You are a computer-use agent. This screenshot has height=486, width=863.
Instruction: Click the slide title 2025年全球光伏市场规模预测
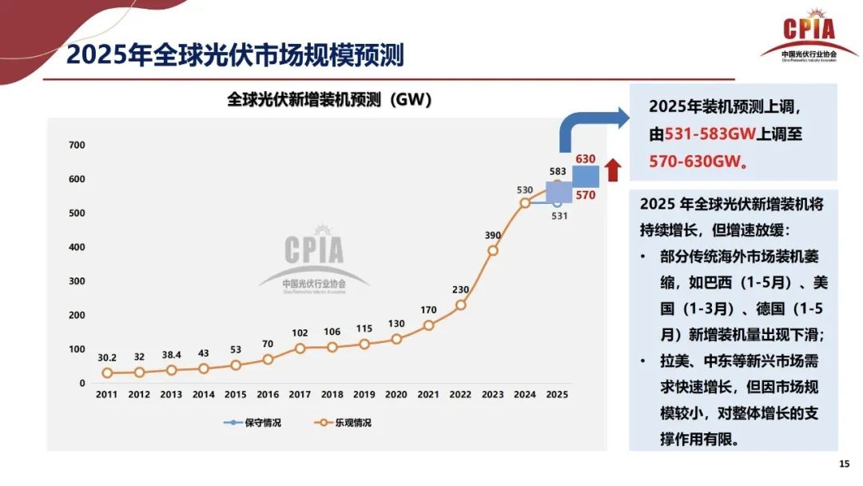point(235,55)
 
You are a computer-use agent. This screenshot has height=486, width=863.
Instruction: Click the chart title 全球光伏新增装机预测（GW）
point(329,100)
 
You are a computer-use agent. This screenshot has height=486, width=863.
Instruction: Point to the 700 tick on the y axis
point(77,145)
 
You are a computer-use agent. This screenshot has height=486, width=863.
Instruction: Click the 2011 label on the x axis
point(106,395)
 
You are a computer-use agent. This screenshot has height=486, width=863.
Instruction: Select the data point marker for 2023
point(493,250)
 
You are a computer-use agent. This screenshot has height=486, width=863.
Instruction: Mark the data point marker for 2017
point(300,349)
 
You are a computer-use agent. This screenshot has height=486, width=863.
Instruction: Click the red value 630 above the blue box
point(586,159)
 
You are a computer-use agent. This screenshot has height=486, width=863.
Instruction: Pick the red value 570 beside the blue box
point(586,195)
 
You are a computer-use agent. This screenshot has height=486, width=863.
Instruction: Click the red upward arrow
point(613,169)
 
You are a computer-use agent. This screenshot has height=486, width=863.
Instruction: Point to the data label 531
point(559,216)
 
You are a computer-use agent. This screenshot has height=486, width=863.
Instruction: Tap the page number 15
point(844,464)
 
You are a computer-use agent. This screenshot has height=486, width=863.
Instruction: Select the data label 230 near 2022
point(461,290)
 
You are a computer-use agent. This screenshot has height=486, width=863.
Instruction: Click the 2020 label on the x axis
point(396,395)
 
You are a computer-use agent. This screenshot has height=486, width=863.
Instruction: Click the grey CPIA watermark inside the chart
point(314,260)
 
